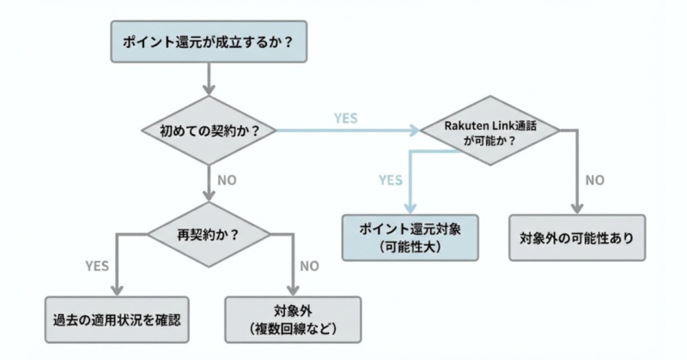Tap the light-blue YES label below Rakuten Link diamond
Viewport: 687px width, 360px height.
[391, 180]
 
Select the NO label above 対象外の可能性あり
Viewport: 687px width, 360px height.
[594, 180]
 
